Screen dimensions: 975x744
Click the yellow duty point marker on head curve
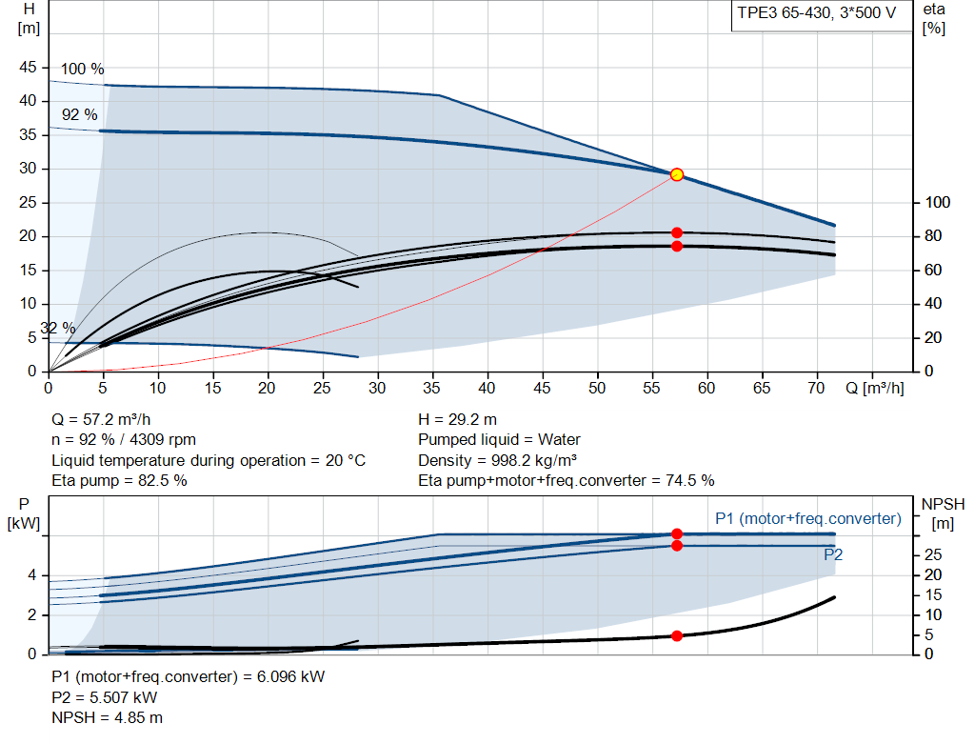[x=677, y=174]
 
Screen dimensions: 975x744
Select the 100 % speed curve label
[x=82, y=69]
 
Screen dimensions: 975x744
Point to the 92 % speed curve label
[x=80, y=114]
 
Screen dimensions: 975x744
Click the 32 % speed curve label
[x=58, y=328]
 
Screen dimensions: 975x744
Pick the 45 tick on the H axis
[x=28, y=68]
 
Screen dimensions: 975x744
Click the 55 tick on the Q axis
[x=651, y=388]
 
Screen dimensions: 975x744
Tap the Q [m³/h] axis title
[x=875, y=388]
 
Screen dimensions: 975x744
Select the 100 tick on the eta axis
[x=938, y=202]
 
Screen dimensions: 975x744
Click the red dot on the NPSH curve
[x=677, y=635]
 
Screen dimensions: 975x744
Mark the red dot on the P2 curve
[x=677, y=546]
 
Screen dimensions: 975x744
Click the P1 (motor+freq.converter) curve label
[x=808, y=519]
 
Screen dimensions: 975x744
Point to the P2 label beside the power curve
[x=833, y=554]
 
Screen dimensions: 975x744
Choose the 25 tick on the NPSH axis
[x=933, y=554]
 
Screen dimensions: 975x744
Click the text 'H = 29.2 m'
[x=458, y=419]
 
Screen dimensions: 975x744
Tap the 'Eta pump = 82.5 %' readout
[x=119, y=480]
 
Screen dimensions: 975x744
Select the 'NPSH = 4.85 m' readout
[x=107, y=717]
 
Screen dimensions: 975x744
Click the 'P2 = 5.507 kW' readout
[x=105, y=697]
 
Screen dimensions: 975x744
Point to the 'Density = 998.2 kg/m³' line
[x=497, y=460]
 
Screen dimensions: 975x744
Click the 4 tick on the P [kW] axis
[x=31, y=575]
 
